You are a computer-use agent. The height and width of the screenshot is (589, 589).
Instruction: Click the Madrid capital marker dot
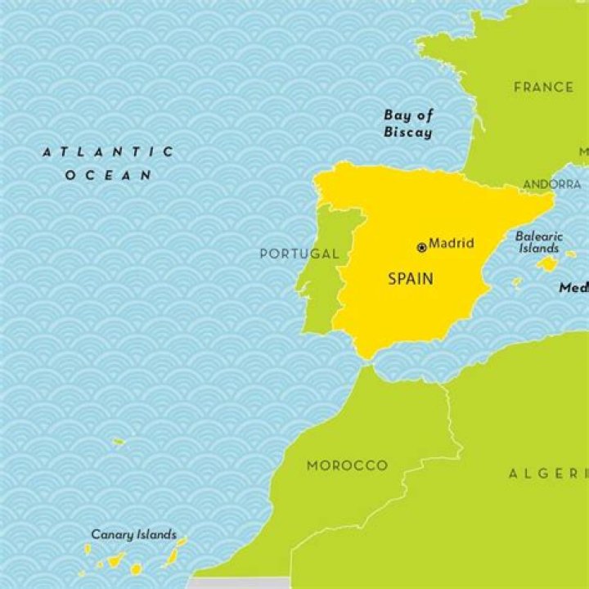pos(422,247)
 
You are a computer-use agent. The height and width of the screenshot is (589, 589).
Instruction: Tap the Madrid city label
pos(452,244)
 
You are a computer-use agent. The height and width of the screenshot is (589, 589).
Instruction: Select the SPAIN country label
pos(411,279)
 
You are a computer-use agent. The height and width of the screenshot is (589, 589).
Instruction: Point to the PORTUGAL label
pos(299,254)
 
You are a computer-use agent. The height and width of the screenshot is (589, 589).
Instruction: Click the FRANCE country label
pos(543,87)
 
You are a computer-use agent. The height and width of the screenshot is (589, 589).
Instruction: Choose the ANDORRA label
pos(552,184)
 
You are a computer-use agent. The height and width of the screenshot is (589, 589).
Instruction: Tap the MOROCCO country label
pos(347,465)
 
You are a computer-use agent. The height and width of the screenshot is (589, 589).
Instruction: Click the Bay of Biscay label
pos(408,124)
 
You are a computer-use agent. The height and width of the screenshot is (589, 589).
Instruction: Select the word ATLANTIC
pos(109,151)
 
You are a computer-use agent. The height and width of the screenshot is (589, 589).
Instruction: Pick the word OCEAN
pos(109,174)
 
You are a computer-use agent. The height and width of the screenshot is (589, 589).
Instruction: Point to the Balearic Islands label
pos(538,242)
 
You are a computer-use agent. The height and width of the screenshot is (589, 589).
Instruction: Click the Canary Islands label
pos(133,535)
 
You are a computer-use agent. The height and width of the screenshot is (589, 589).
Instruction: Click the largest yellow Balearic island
pos(546,263)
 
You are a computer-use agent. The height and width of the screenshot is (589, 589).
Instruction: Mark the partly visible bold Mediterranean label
pos(573,288)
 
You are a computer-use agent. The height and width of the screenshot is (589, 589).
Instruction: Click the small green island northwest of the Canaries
pos(119,442)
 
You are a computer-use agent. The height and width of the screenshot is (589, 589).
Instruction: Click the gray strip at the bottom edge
pos(237,582)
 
